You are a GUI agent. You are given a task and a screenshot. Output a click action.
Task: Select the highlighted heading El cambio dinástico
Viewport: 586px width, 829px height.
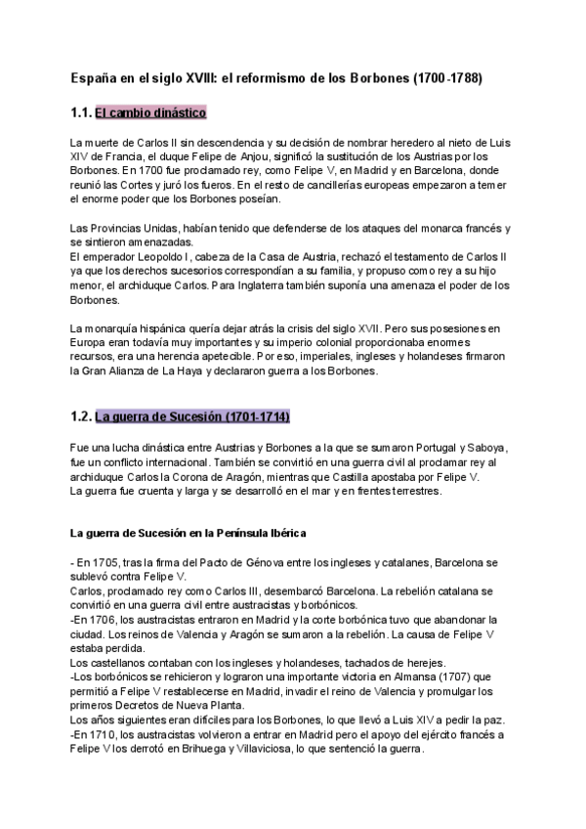point(150,112)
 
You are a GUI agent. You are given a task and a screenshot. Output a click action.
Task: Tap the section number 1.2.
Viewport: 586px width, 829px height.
point(81,416)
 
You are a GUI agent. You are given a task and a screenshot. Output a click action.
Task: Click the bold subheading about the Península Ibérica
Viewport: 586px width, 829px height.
point(188,533)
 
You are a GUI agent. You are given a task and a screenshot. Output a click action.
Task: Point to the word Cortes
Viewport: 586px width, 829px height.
point(150,184)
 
